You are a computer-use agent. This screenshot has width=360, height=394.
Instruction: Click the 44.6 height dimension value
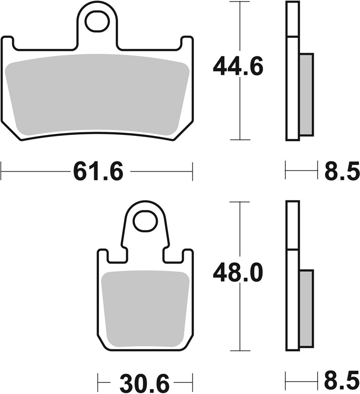click(x=238, y=67)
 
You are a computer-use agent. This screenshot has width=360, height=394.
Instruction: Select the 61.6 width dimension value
click(x=98, y=172)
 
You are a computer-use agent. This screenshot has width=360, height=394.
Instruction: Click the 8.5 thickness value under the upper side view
click(x=342, y=172)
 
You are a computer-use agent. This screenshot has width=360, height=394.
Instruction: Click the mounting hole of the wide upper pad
click(x=97, y=21)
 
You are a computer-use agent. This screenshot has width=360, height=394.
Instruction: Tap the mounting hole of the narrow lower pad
click(x=146, y=221)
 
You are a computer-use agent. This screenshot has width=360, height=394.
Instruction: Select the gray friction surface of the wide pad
click(x=97, y=94)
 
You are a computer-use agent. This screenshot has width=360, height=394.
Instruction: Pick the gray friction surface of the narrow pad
click(x=145, y=308)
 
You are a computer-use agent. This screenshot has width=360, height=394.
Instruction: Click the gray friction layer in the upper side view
click(x=306, y=94)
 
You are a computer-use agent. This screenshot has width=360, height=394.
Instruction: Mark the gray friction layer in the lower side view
click(x=306, y=308)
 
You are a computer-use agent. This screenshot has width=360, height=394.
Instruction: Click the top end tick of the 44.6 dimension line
click(x=239, y=2)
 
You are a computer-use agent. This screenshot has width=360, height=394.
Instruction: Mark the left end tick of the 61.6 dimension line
click(x=1, y=172)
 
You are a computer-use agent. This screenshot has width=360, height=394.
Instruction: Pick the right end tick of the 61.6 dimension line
click(x=192, y=172)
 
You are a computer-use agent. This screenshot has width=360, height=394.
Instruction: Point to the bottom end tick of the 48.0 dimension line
click(x=239, y=350)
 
